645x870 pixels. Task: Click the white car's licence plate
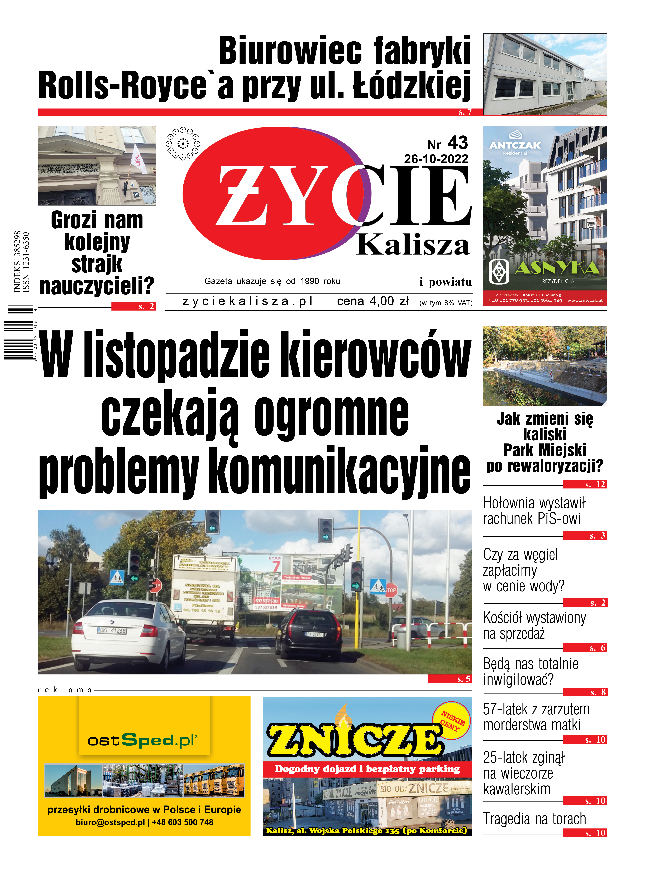112,630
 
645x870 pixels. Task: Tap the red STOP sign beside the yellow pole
391,590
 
